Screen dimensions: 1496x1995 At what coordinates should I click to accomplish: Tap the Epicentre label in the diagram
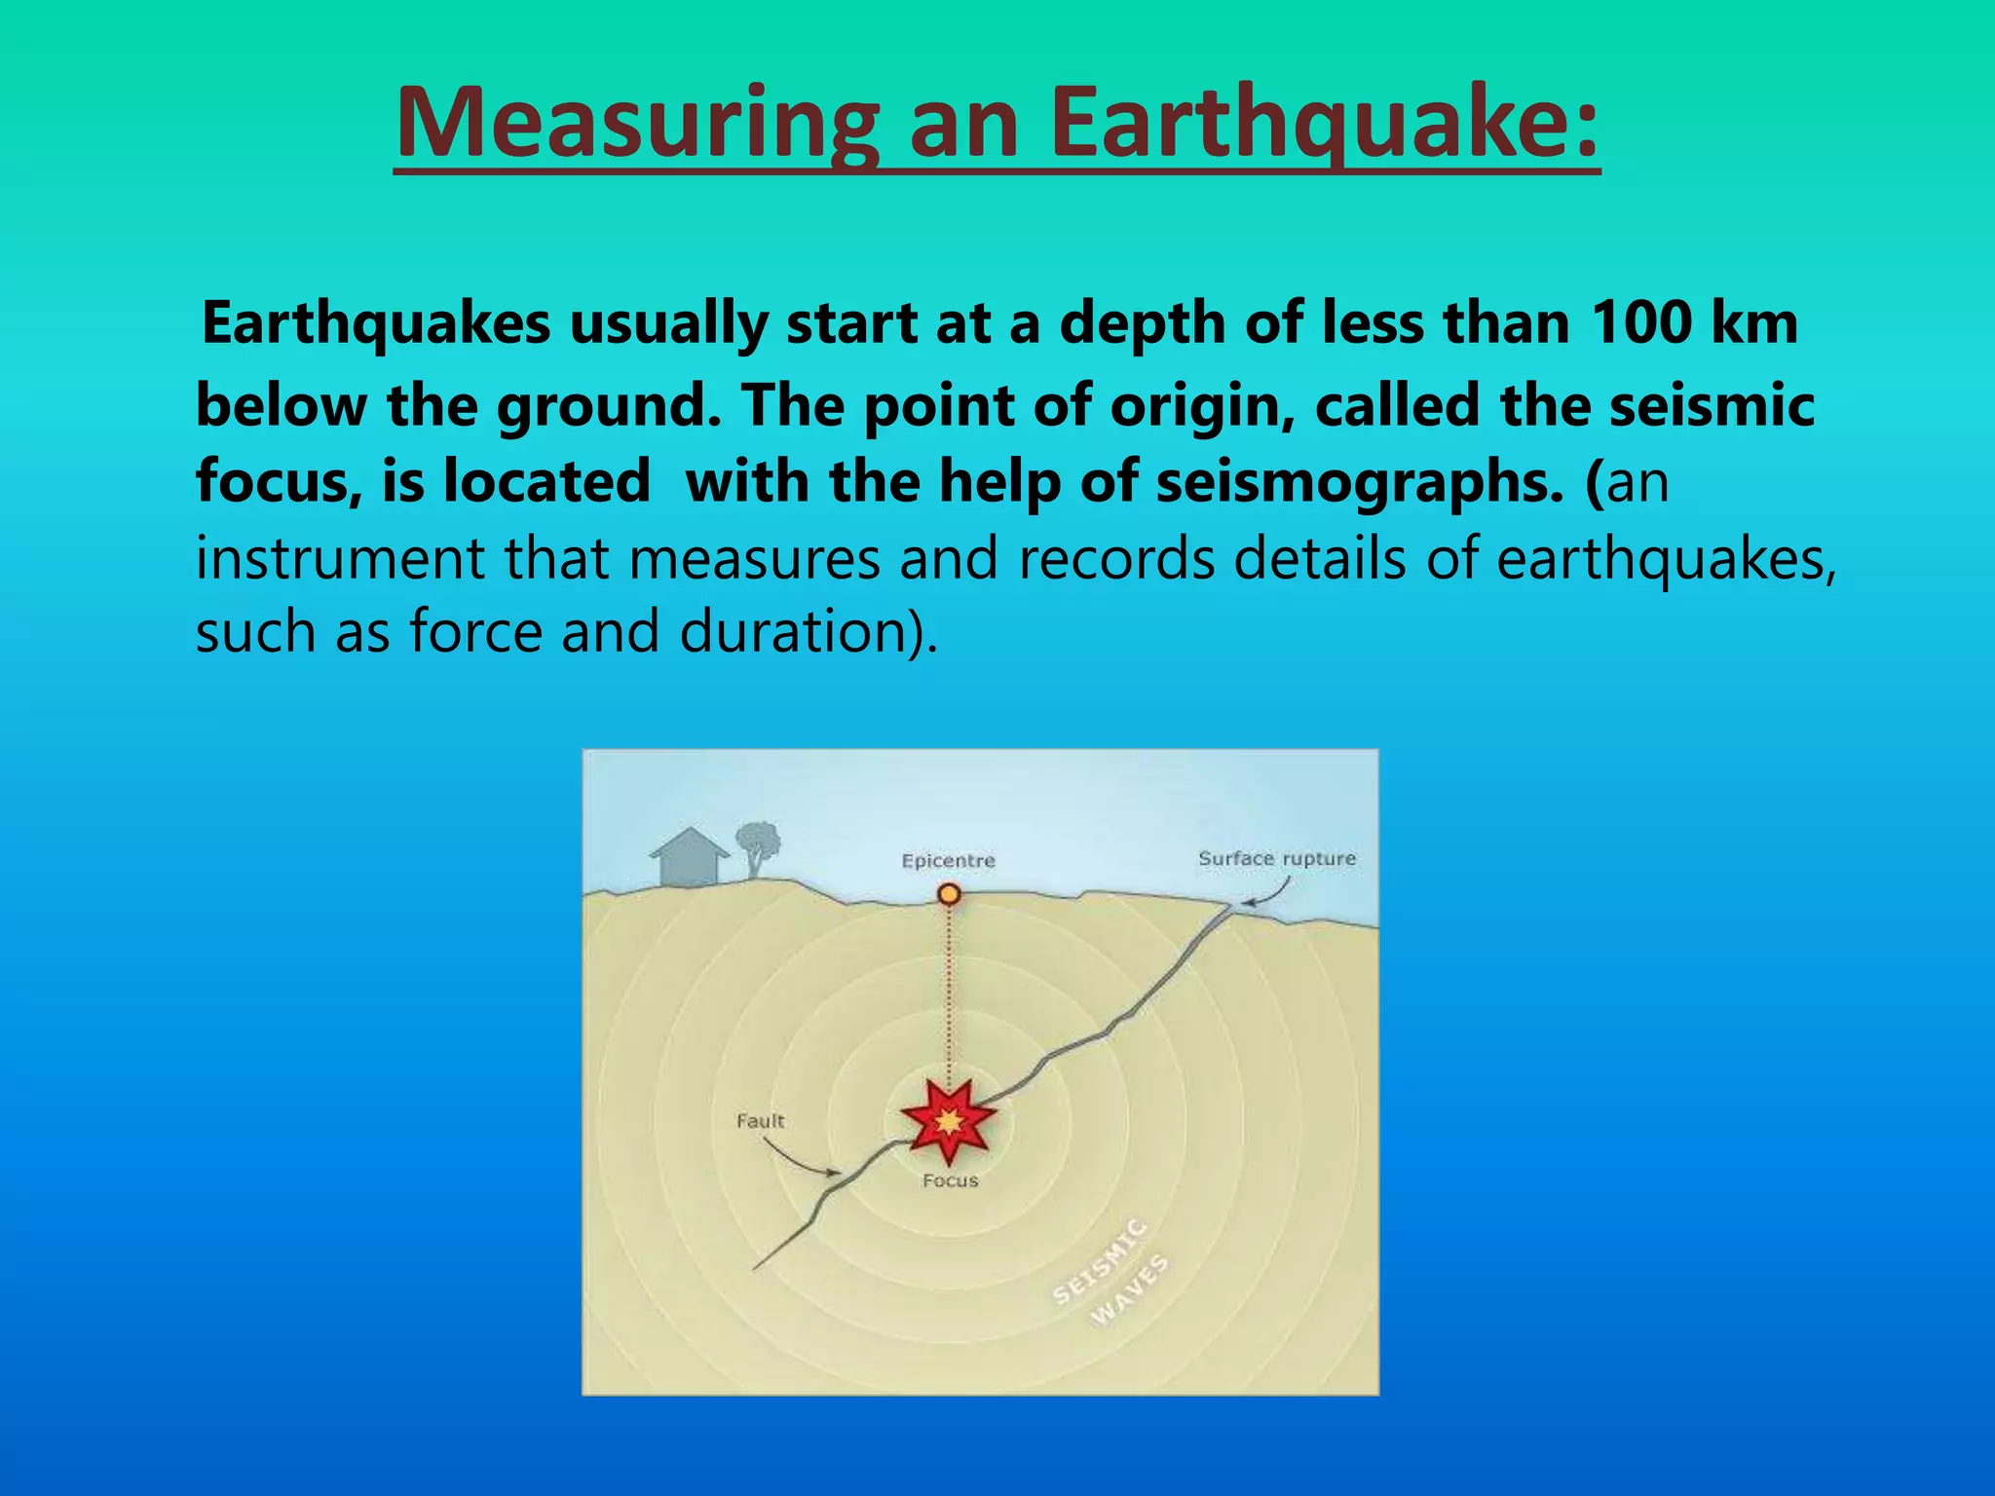click(948, 861)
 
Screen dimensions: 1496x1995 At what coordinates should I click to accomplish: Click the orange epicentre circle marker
click(949, 894)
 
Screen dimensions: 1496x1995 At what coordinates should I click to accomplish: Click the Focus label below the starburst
click(950, 1180)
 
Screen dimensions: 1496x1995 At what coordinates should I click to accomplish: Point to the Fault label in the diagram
click(760, 1121)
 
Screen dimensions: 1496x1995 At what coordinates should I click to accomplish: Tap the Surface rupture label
click(1276, 859)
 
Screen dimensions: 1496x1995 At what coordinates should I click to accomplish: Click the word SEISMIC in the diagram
click(1100, 1259)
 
